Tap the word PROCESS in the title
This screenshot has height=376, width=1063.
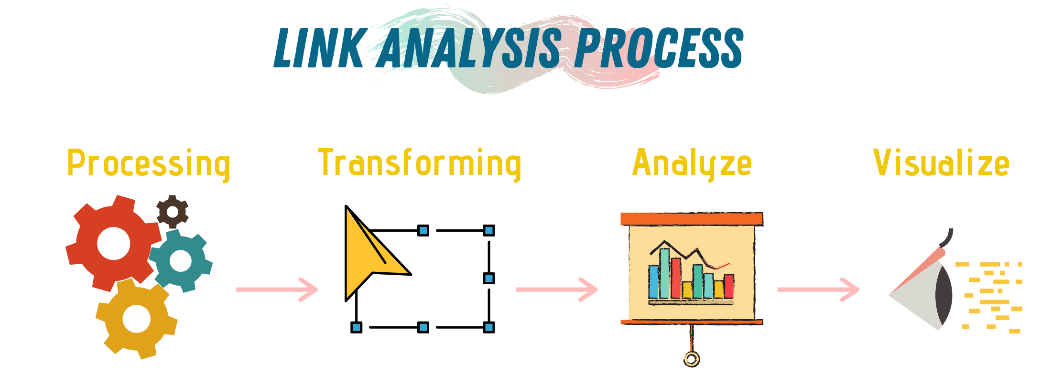[659, 47]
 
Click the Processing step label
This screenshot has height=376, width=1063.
[149, 164]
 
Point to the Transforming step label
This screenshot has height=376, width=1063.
[420, 164]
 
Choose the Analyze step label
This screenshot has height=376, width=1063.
[692, 164]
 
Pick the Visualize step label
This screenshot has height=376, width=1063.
[941, 163]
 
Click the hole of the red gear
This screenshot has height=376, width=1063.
[113, 243]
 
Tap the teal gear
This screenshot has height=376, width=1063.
[181, 261]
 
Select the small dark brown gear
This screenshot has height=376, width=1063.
[173, 211]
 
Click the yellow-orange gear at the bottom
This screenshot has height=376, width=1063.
[136, 319]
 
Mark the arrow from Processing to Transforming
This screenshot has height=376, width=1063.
[277, 290]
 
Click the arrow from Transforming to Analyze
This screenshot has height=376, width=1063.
[557, 290]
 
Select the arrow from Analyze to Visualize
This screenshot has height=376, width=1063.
[818, 290]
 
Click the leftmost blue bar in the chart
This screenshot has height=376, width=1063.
[654, 281]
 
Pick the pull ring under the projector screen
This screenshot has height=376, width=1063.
[691, 359]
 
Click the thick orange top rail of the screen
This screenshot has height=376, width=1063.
[692, 219]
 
